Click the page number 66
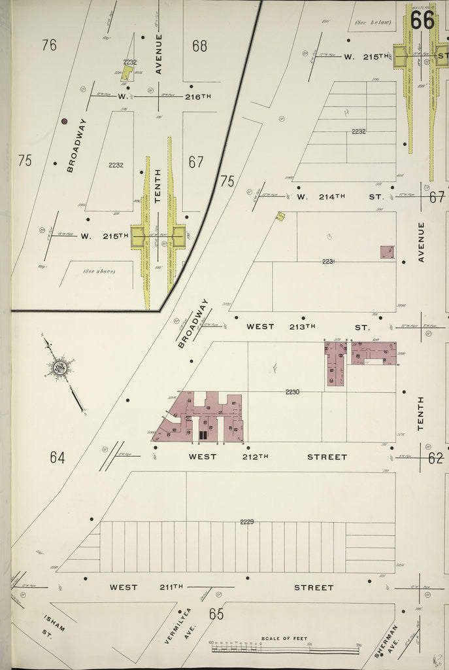[422, 21]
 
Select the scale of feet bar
[285, 647]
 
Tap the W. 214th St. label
[339, 196]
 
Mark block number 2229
[246, 521]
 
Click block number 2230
[292, 392]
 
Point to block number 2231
[328, 262]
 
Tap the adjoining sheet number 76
[49, 45]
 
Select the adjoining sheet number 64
[58, 457]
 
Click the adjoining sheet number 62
[436, 458]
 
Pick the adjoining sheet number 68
[199, 46]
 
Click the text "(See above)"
[99, 271]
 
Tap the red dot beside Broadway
[64, 121]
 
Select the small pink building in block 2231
[387, 252]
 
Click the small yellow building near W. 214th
[280, 216]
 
